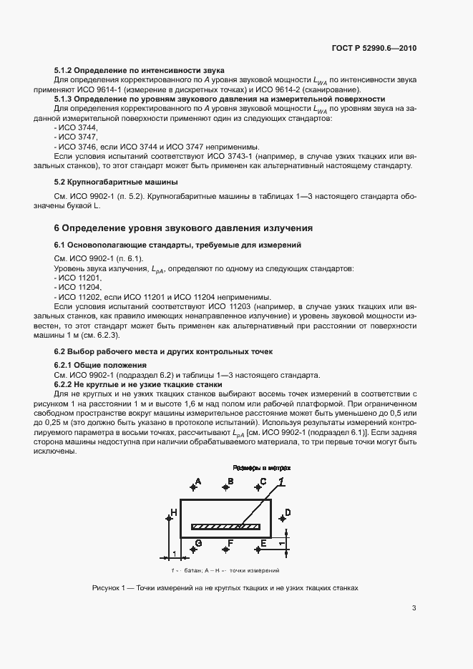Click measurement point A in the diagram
coord(193,487)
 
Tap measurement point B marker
coord(226,487)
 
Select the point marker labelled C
coord(258,487)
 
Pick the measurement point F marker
coord(226,550)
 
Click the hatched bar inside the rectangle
coord(225,527)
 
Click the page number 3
coord(414,609)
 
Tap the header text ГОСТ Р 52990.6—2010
coord(374,47)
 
